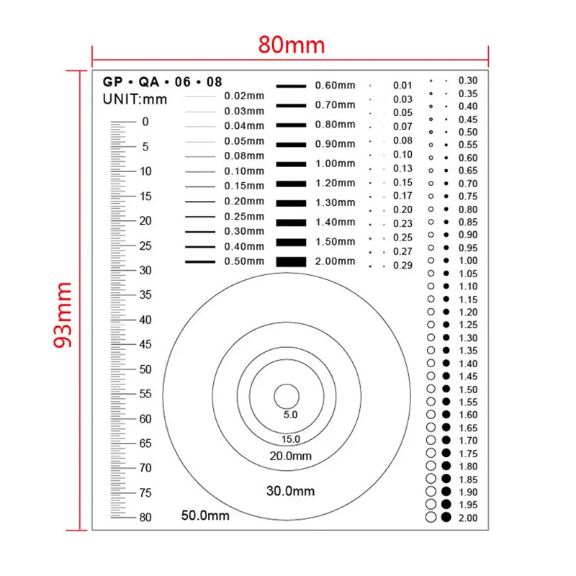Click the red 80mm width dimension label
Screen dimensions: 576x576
coord(292,45)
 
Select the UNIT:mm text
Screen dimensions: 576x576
coord(135,99)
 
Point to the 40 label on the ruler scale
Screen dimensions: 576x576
coord(145,320)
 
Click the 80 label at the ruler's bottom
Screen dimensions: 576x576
coord(145,517)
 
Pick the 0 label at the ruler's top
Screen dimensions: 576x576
coord(145,122)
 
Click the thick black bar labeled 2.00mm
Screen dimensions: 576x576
coord(291,261)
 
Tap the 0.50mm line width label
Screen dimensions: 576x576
coord(245,261)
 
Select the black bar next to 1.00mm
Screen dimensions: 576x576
coord(291,163)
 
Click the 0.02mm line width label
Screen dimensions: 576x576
coord(245,96)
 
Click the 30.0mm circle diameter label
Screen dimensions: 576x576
coord(291,491)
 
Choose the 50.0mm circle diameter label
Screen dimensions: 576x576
coord(205,516)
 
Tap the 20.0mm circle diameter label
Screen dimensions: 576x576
coord(291,456)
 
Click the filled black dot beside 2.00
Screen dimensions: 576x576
coord(446,517)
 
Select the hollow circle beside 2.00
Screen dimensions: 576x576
coord(431,517)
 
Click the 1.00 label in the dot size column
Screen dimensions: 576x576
coord(468,261)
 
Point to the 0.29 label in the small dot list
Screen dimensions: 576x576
coord(402,266)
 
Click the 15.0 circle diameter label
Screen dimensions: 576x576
coord(290,439)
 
